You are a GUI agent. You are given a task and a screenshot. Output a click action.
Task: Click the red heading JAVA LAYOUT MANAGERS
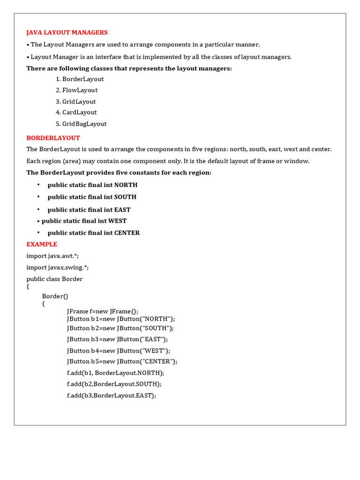67,32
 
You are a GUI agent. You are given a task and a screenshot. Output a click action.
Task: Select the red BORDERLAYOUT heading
53,138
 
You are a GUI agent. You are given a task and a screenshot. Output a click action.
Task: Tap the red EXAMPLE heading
42,244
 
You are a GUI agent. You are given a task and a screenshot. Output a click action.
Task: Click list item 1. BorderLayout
80,79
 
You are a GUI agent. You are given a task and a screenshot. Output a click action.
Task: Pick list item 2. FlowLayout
76,90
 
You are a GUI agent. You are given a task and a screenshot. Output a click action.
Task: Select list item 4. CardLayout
76,112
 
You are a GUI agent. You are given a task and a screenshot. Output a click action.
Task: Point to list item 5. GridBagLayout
81,124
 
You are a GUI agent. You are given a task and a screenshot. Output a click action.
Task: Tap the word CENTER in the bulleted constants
127,233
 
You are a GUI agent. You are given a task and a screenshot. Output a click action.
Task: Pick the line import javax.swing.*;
58,267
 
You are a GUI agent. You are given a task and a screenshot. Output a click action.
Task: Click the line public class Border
54,279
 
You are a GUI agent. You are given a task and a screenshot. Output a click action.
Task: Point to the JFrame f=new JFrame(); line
103,311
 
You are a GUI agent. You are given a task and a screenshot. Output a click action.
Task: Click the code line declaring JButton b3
117,339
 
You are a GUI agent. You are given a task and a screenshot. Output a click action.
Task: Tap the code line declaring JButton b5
122,361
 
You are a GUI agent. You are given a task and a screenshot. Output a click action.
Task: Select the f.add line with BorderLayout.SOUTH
114,384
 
